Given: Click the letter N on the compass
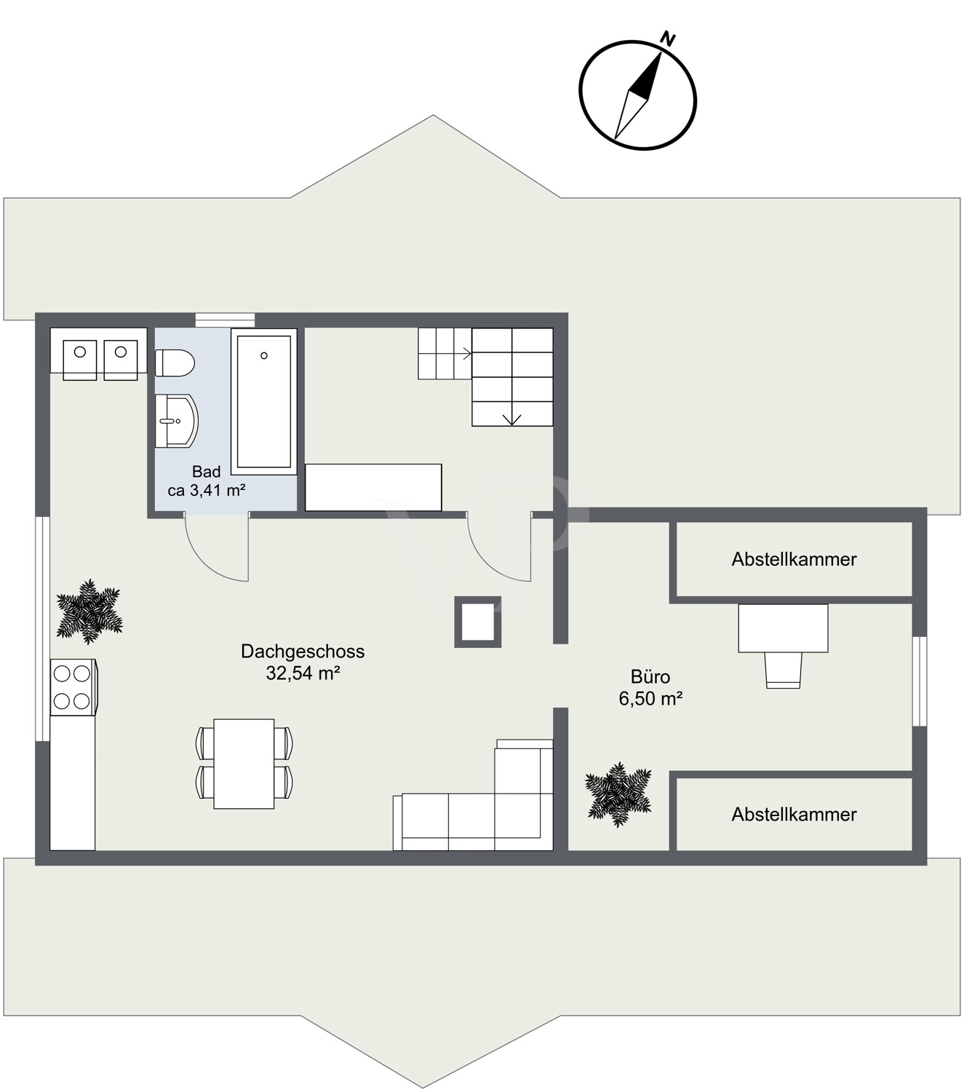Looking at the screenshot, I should pyautogui.click(x=667, y=39).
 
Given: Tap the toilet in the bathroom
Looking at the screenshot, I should pyautogui.click(x=175, y=363).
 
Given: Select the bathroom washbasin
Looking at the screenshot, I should pyautogui.click(x=175, y=421).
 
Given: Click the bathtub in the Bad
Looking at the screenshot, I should pyautogui.click(x=263, y=401).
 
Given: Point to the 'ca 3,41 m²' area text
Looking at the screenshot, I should pyautogui.click(x=206, y=490).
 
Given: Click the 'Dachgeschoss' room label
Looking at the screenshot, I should pyautogui.click(x=303, y=651).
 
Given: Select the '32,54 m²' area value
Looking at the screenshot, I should pyautogui.click(x=303, y=673).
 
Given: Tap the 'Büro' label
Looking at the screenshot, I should pyautogui.click(x=650, y=676).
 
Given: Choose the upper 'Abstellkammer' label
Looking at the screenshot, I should pyautogui.click(x=794, y=559).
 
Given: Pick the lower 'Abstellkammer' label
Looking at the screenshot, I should pyautogui.click(x=794, y=814).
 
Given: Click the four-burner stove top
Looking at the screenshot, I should pyautogui.click(x=73, y=687).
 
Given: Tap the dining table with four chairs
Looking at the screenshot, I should pyautogui.click(x=244, y=763).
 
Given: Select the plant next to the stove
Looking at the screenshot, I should pyautogui.click(x=89, y=612).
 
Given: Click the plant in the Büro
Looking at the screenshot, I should pyautogui.click(x=618, y=794).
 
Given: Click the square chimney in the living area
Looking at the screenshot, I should pyautogui.click(x=478, y=622).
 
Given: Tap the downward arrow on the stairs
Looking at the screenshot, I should pyautogui.click(x=512, y=419).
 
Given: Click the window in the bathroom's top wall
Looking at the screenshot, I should pyautogui.click(x=225, y=320).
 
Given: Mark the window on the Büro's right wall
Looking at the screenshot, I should pyautogui.click(x=920, y=681).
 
